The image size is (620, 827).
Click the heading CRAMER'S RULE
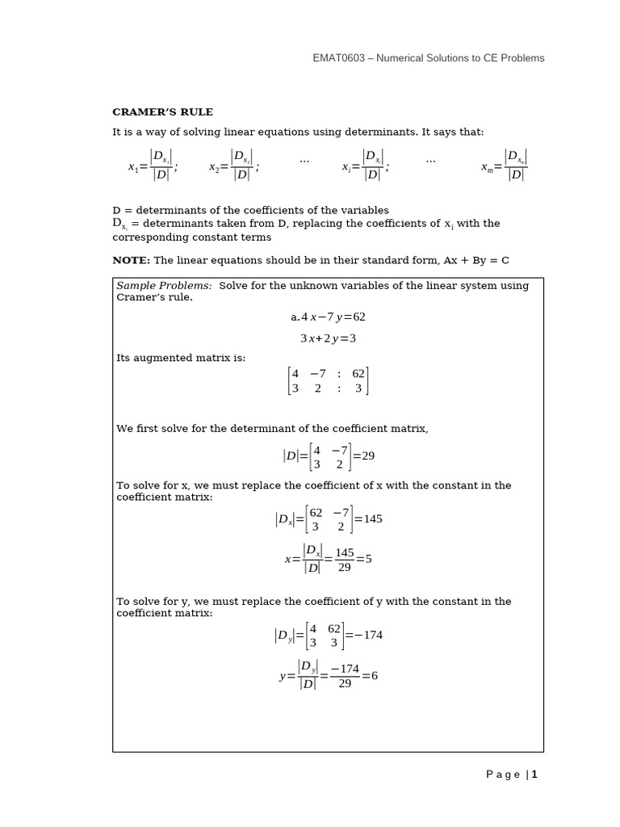(x=162, y=112)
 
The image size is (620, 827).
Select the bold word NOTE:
(x=132, y=260)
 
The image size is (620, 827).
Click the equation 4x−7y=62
(x=328, y=317)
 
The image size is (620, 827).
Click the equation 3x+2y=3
(x=328, y=338)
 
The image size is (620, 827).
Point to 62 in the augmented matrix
(x=358, y=374)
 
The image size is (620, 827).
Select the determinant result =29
(x=364, y=456)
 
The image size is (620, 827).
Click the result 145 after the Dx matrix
(x=372, y=519)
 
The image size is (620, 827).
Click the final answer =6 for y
(x=370, y=676)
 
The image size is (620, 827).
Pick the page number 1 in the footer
(x=534, y=775)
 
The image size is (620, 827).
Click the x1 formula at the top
(x=153, y=166)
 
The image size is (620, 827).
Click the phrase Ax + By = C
(x=475, y=260)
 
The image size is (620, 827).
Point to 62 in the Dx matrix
(x=316, y=513)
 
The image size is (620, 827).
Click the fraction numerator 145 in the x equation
(x=345, y=552)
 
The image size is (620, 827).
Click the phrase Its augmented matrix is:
(x=181, y=358)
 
